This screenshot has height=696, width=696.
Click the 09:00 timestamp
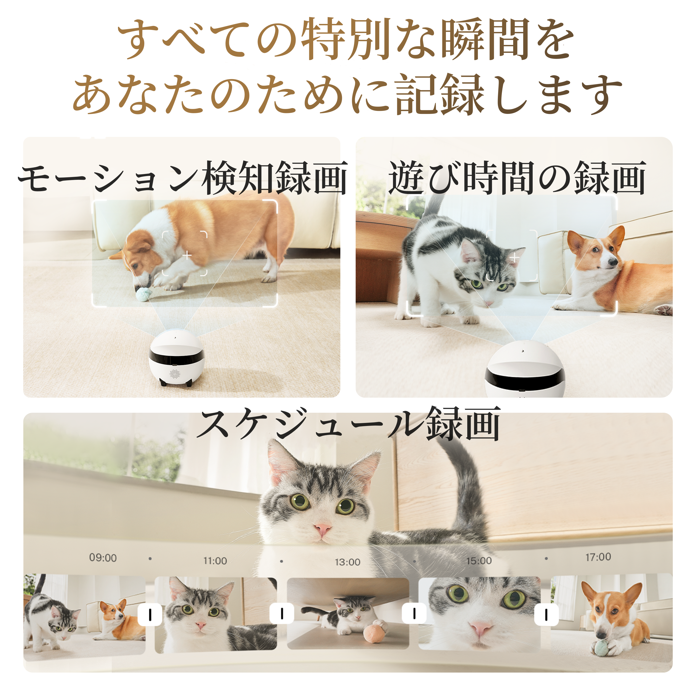[103, 558]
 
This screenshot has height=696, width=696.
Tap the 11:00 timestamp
[215, 561]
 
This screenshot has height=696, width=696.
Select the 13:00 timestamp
[347, 562]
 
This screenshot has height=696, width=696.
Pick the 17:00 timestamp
[598, 557]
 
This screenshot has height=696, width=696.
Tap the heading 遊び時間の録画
[517, 178]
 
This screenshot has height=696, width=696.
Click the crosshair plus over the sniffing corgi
[187, 256]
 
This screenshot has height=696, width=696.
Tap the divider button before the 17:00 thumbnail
[546, 615]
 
